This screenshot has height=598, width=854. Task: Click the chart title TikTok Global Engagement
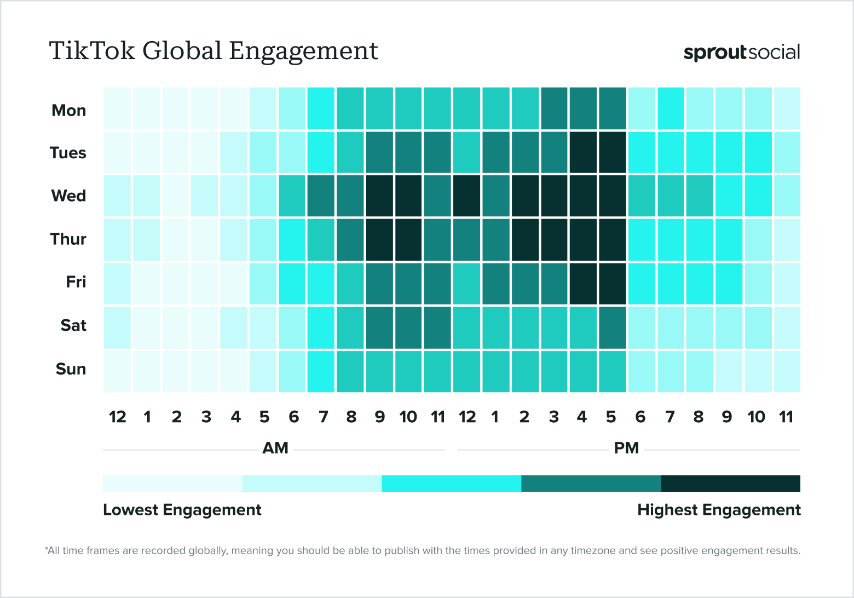tap(214, 51)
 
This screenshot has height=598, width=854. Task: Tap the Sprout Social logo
tap(741, 53)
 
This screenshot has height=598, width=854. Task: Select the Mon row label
tap(68, 111)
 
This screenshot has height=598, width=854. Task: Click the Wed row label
tap(68, 196)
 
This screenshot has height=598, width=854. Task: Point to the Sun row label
tap(71, 369)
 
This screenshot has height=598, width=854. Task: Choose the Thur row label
tap(68, 239)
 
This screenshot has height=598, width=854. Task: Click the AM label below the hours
tap(275, 449)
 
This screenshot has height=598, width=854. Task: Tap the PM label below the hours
tap(626, 449)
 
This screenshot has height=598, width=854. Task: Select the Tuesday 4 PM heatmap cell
tap(583, 152)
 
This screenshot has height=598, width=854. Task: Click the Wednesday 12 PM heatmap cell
tap(467, 196)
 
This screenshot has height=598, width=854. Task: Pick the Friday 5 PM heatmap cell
tap(612, 283)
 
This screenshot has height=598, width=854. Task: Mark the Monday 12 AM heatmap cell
tap(118, 108)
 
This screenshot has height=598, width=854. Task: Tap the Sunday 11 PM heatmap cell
tap(787, 371)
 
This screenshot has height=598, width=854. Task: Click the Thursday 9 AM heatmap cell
tap(379, 239)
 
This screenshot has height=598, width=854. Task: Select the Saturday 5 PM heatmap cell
tap(612, 327)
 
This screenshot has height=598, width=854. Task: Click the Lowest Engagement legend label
tap(182, 510)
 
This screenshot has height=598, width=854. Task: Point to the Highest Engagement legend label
tap(718, 510)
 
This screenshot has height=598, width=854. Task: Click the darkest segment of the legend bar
tap(730, 484)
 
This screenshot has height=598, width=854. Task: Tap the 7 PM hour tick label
tap(670, 417)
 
